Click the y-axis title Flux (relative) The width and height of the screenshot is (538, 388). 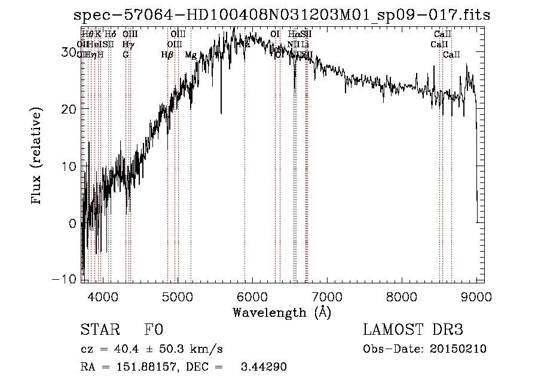pos(37,157)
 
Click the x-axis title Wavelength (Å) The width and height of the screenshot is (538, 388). pos(282,312)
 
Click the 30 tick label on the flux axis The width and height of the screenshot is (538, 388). pos(70,52)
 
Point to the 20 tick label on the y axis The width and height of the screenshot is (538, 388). pos(70,109)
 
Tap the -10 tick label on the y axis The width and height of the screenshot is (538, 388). pos(66,279)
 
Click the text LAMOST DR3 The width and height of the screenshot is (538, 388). pos(413,330)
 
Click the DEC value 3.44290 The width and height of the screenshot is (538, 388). pos(264,367)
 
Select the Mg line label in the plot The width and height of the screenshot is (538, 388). pos(191,55)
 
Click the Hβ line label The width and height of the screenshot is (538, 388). pos(167,55)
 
